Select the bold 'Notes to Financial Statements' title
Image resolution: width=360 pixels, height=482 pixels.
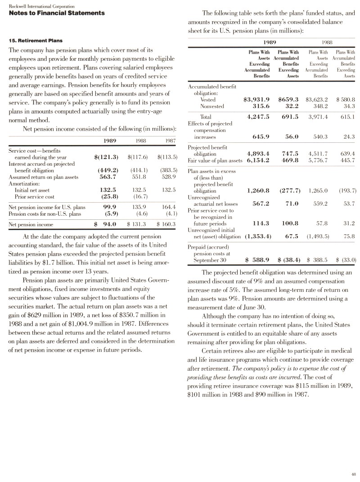tap(57, 13)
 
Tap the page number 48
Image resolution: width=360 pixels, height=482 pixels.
tap(353, 473)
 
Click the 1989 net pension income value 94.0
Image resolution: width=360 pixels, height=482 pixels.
tap(110, 224)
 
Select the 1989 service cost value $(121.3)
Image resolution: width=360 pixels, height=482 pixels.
tap(106, 157)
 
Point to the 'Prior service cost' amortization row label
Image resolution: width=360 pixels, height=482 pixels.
tap(35, 197)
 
